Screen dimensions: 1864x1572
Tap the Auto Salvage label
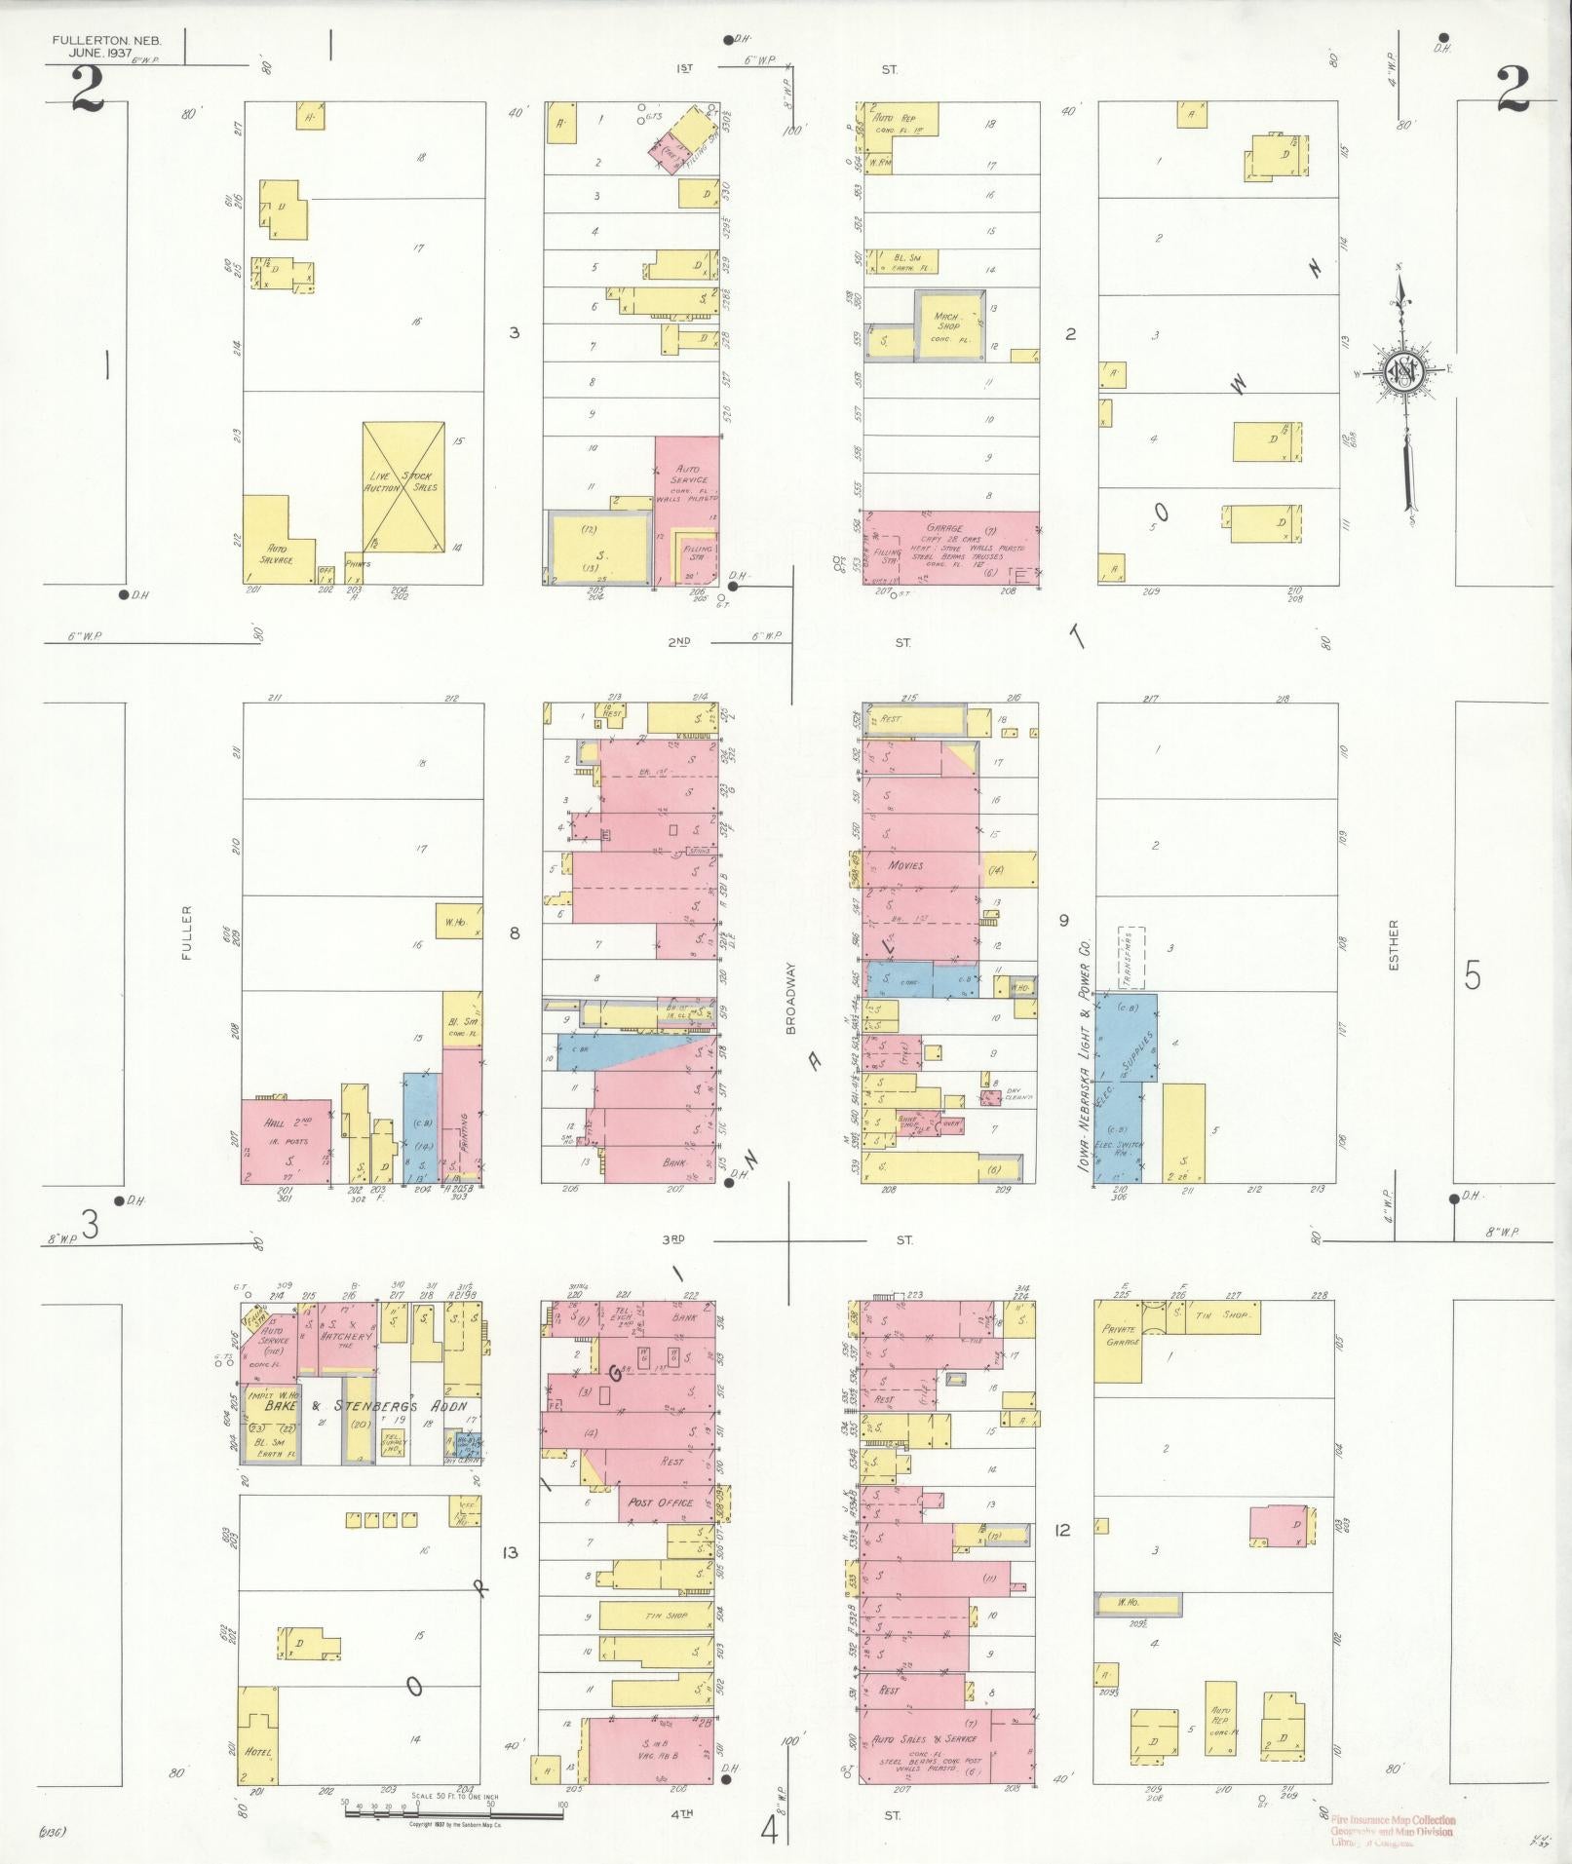coord(273,553)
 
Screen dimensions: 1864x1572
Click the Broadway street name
coord(791,998)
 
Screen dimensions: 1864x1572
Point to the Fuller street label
coord(186,933)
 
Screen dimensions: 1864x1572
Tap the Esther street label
coord(1395,945)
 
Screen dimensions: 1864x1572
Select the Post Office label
coord(662,1529)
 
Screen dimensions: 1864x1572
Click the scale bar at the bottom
coord(453,1803)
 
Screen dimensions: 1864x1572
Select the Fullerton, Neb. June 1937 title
coord(107,46)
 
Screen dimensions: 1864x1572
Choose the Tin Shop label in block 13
coord(667,1616)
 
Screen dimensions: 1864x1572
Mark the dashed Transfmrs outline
coord(1131,958)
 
